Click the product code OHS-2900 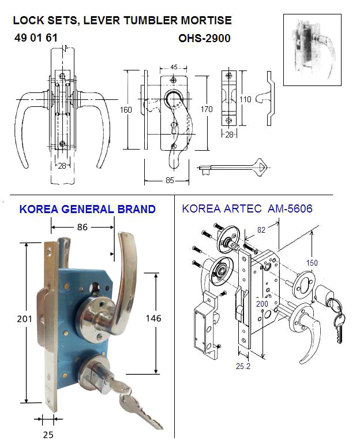(x=205, y=39)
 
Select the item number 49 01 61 (x=36, y=39)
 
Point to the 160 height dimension (x=126, y=110)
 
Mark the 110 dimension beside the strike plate (x=245, y=99)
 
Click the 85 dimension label (x=170, y=180)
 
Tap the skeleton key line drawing (x=233, y=169)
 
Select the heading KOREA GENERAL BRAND (x=87, y=209)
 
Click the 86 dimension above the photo (x=82, y=228)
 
